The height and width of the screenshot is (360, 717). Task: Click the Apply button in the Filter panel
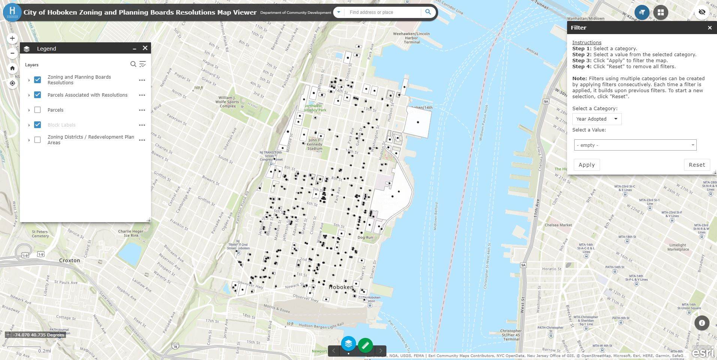point(587,165)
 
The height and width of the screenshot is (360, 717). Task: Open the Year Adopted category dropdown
point(597,119)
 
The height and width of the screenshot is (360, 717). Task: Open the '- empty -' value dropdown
point(635,145)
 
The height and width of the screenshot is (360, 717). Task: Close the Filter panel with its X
point(710,28)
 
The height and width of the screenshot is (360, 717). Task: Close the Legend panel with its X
point(145,48)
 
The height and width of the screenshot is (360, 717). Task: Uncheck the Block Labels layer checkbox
point(37,125)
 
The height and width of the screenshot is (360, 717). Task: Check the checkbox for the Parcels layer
point(37,110)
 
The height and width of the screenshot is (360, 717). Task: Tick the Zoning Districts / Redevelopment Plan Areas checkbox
point(37,140)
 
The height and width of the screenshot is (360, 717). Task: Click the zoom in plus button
point(12,38)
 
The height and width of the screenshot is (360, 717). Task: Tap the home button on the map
point(12,68)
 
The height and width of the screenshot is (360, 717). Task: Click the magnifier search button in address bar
point(428,12)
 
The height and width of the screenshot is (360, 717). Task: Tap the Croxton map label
point(69,260)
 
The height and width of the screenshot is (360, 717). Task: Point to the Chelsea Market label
point(558,225)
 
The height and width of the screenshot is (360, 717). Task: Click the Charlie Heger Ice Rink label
point(131,233)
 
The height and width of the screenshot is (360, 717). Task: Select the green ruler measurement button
point(365,345)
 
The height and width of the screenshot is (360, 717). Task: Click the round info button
point(702,323)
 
